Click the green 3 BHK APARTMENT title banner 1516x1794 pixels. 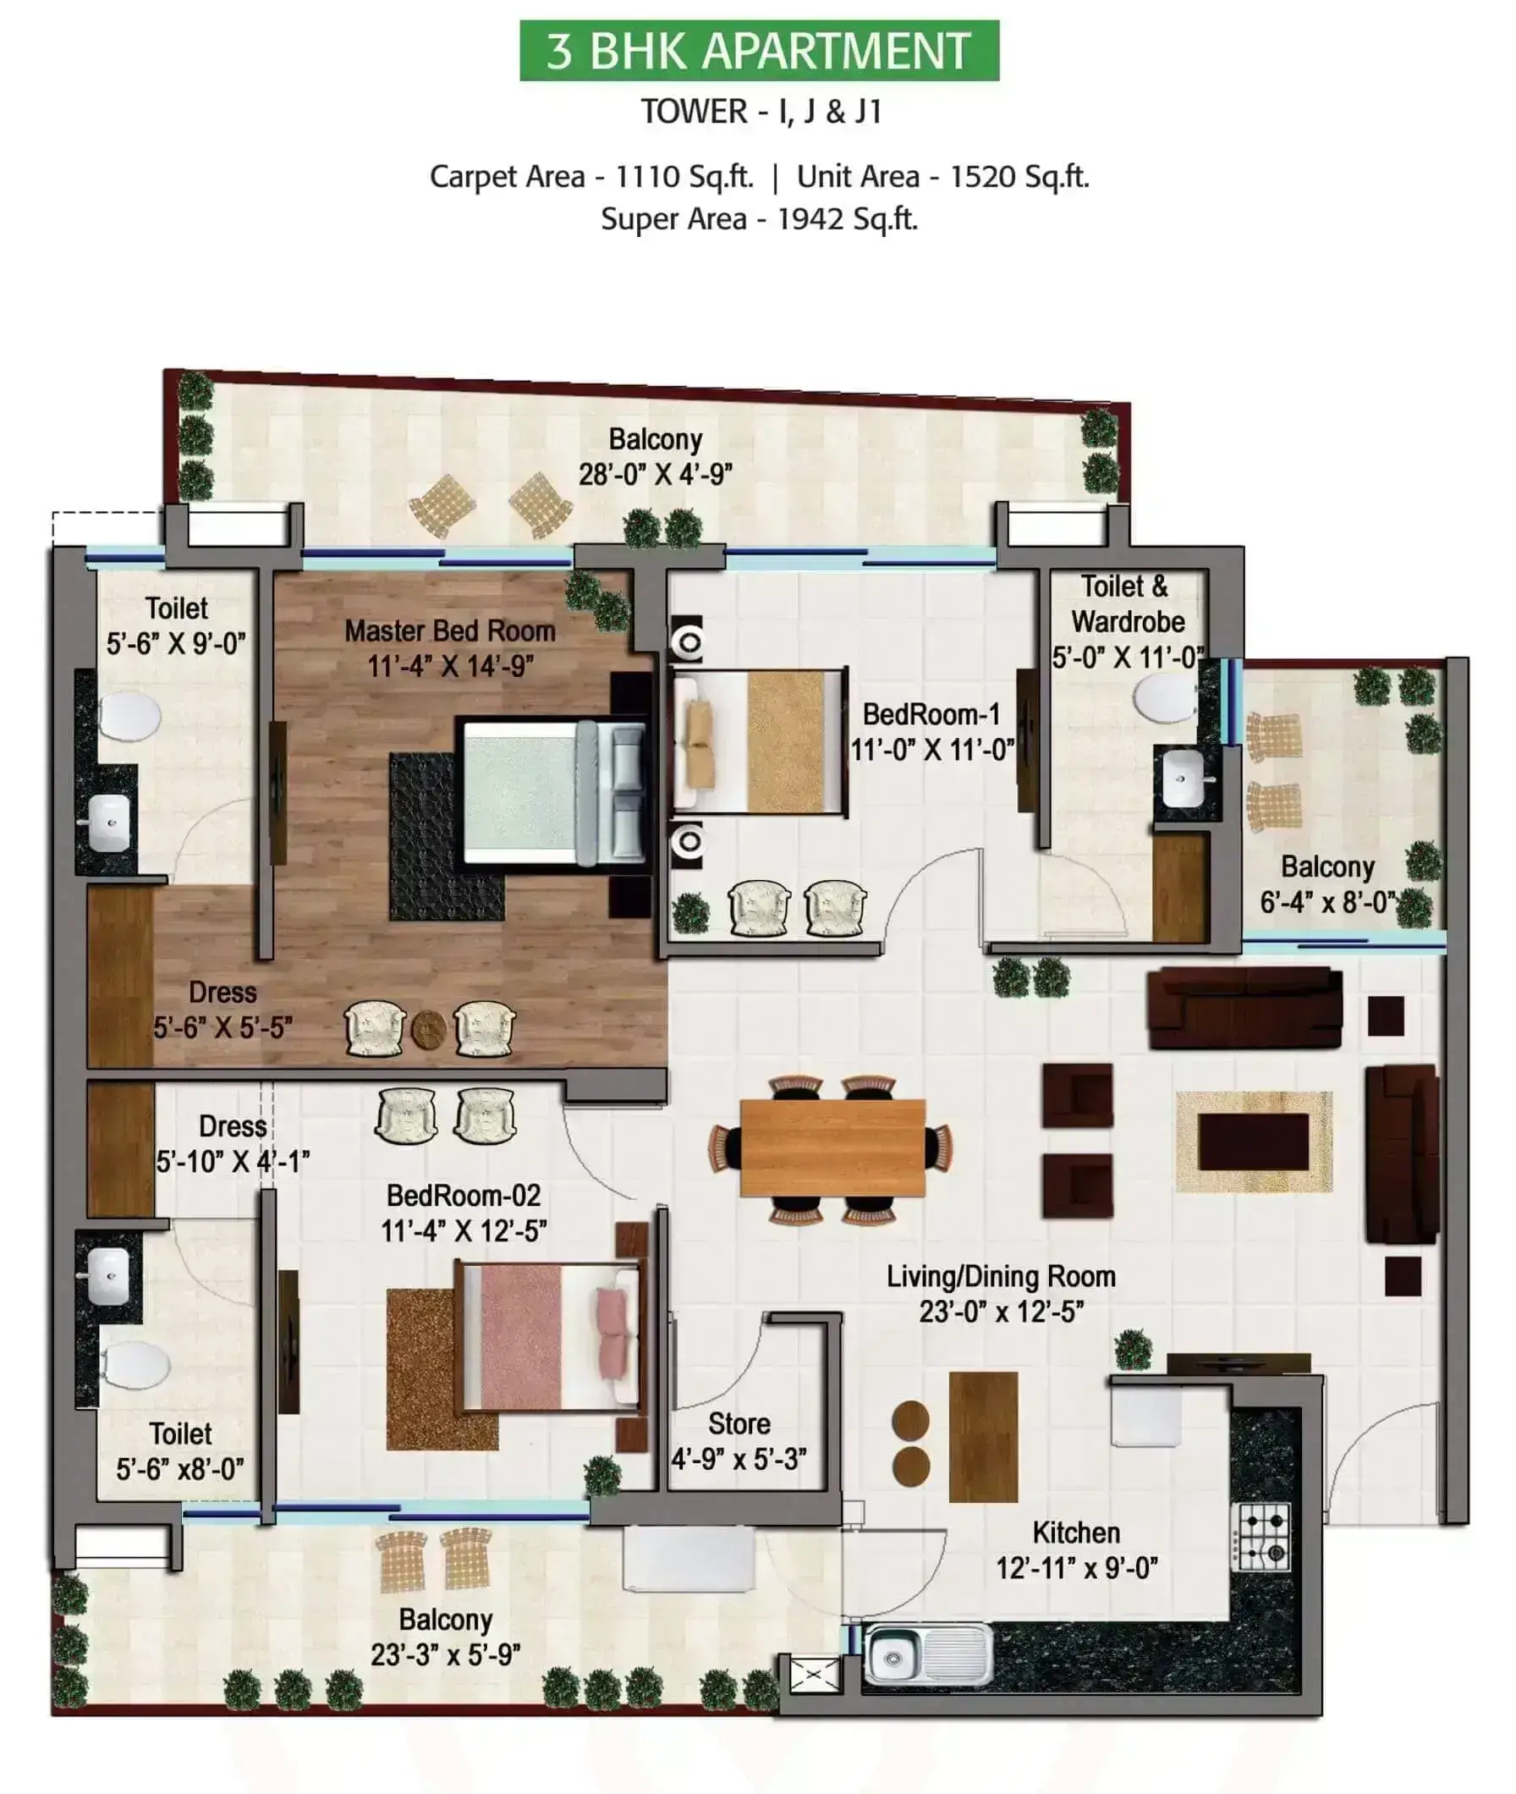[x=759, y=51]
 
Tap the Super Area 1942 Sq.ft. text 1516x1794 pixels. [x=759, y=219]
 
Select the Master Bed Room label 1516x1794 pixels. [x=450, y=631]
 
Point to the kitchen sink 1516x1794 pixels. [x=927, y=1654]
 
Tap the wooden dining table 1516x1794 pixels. [x=832, y=1147]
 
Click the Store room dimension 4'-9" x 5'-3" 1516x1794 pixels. [x=739, y=1459]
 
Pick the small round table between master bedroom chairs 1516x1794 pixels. [x=428, y=1029]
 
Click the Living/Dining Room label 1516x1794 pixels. [x=1001, y=1276]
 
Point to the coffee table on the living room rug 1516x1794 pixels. [x=1254, y=1142]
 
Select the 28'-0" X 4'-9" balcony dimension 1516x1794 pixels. [x=655, y=475]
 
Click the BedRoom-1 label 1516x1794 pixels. [x=931, y=714]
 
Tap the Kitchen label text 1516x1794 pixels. [x=1076, y=1533]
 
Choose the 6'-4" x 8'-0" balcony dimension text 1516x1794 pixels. [x=1328, y=903]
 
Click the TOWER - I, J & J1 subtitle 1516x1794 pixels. [x=761, y=112]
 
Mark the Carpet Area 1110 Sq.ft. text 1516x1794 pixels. [x=591, y=177]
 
